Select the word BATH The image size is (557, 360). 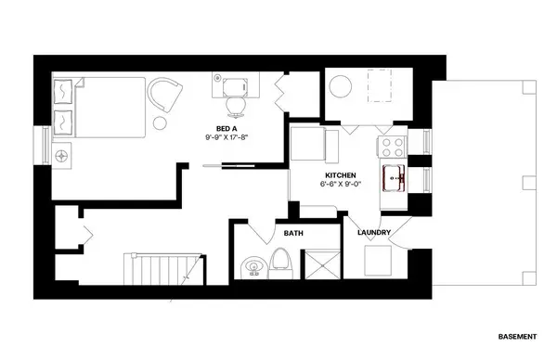pyautogui.click(x=293, y=233)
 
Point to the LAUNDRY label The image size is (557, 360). pyautogui.click(x=373, y=232)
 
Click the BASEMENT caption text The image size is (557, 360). pyautogui.click(x=516, y=335)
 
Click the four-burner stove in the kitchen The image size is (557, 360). pyautogui.click(x=391, y=147)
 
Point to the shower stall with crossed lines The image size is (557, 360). pyautogui.click(x=321, y=264)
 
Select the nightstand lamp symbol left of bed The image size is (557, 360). pyautogui.click(x=63, y=155)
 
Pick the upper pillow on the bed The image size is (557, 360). pyautogui.click(x=66, y=90)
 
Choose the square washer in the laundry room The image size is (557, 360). pyautogui.click(x=379, y=262)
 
